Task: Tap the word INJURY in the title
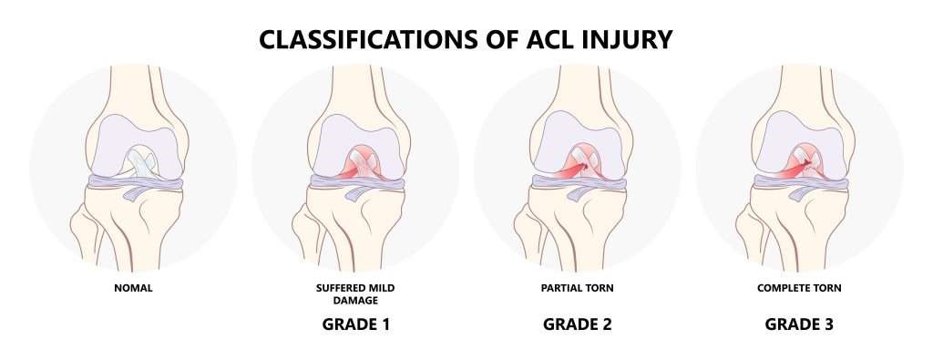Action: (x=628, y=40)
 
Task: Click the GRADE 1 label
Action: (x=355, y=324)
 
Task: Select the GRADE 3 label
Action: (x=799, y=324)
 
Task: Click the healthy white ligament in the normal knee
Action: (x=140, y=165)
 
